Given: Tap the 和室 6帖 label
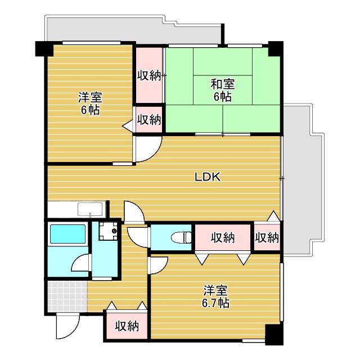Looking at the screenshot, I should (x=222, y=90).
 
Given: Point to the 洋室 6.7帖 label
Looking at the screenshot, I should (x=215, y=296).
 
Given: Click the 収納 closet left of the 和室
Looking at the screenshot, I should (x=149, y=74).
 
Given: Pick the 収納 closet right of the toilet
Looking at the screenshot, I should (x=223, y=237).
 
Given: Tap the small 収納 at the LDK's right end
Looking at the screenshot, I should (x=267, y=237).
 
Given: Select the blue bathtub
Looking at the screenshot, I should (x=66, y=233).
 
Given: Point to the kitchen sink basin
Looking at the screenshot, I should (x=90, y=210).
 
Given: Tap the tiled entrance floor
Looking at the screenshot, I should (x=66, y=295).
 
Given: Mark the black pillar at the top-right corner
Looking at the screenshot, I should (x=276, y=48).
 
